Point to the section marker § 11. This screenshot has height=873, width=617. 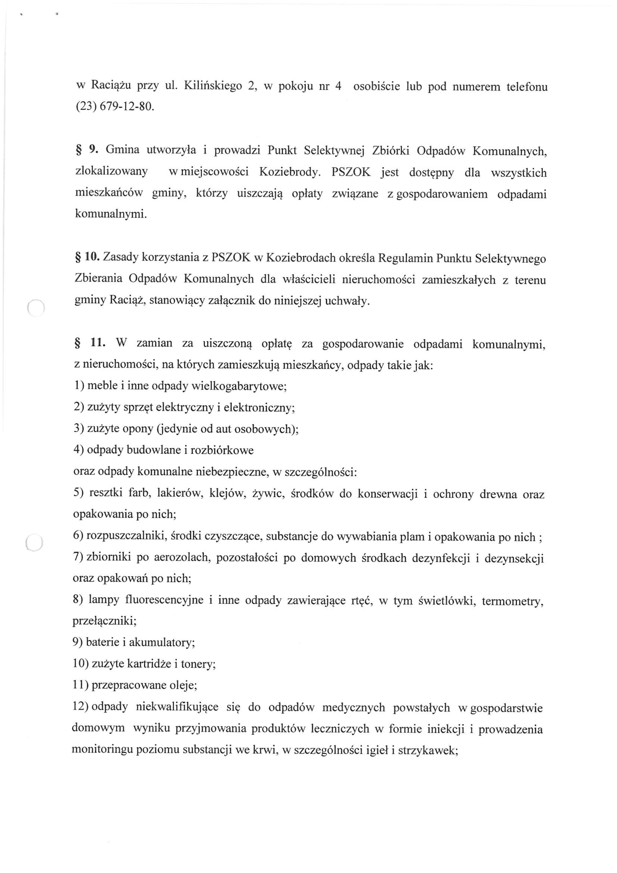coord(87,343)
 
